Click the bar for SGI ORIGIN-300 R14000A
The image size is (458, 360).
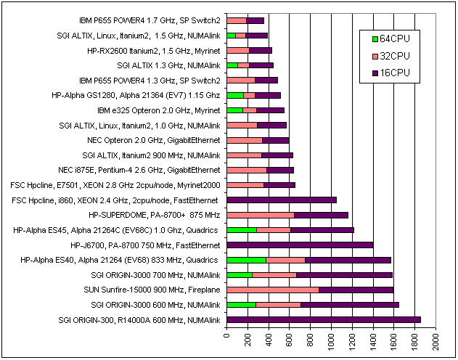(324, 320)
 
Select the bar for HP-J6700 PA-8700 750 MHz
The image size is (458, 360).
(300, 245)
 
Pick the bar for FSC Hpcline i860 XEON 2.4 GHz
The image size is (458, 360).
(282, 200)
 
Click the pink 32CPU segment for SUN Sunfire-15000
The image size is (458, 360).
(273, 290)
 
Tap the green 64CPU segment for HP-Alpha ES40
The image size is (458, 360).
(247, 260)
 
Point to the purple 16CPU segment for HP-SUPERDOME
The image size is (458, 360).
(321, 215)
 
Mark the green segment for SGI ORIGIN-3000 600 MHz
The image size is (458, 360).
(242, 305)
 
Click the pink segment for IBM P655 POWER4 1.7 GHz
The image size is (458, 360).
(237, 20)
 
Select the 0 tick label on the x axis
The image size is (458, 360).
(227, 338)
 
